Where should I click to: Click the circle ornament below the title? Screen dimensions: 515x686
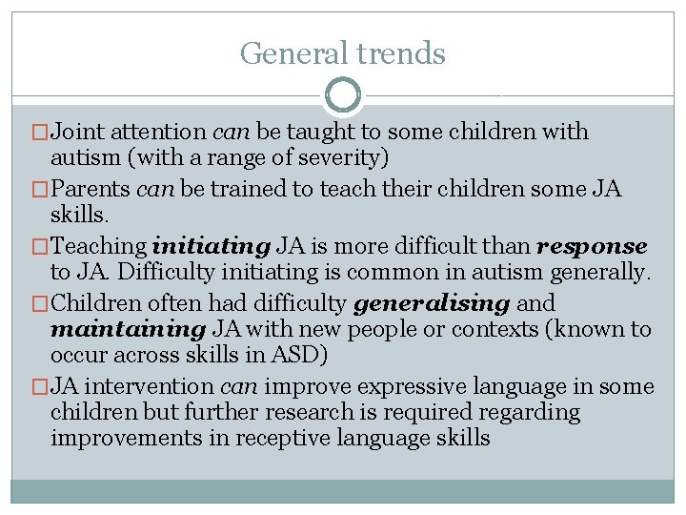(343, 95)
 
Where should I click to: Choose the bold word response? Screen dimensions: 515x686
(592, 246)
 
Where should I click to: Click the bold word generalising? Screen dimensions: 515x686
(432, 303)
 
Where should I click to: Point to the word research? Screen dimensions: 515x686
(374, 413)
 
